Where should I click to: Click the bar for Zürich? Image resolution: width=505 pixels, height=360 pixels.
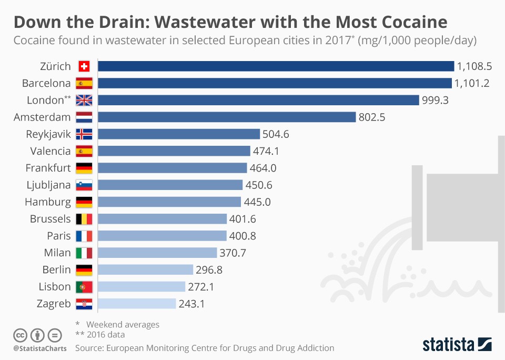pos(276,66)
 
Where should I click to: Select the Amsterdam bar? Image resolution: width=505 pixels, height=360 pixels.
pos(227,117)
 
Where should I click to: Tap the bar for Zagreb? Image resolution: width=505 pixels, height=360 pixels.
pos(137,304)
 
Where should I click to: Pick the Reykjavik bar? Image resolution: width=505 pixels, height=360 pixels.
pos(179,134)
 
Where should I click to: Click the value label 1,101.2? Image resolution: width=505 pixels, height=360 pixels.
pos(472,83)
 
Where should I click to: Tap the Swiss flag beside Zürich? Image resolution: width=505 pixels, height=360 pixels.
pos(84,66)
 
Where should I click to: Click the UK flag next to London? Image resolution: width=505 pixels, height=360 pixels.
pos(84,100)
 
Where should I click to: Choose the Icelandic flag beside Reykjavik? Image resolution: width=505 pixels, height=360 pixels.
pos(84,134)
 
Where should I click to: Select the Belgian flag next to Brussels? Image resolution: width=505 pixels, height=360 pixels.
pos(84,219)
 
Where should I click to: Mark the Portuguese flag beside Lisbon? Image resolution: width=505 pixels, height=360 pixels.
pos(84,287)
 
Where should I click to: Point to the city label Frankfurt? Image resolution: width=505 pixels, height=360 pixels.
pos(48,168)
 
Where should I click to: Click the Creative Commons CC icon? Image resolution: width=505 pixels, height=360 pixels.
pos(20,335)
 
